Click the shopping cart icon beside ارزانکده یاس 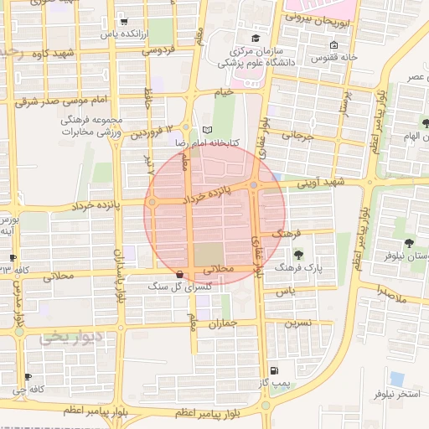124,21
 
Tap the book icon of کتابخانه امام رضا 207,131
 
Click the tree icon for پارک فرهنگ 299,256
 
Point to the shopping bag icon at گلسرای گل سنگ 179,275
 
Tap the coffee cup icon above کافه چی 29,377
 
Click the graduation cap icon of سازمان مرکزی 255,38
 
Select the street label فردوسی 158,50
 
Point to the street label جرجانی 297,134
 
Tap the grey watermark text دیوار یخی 72,338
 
